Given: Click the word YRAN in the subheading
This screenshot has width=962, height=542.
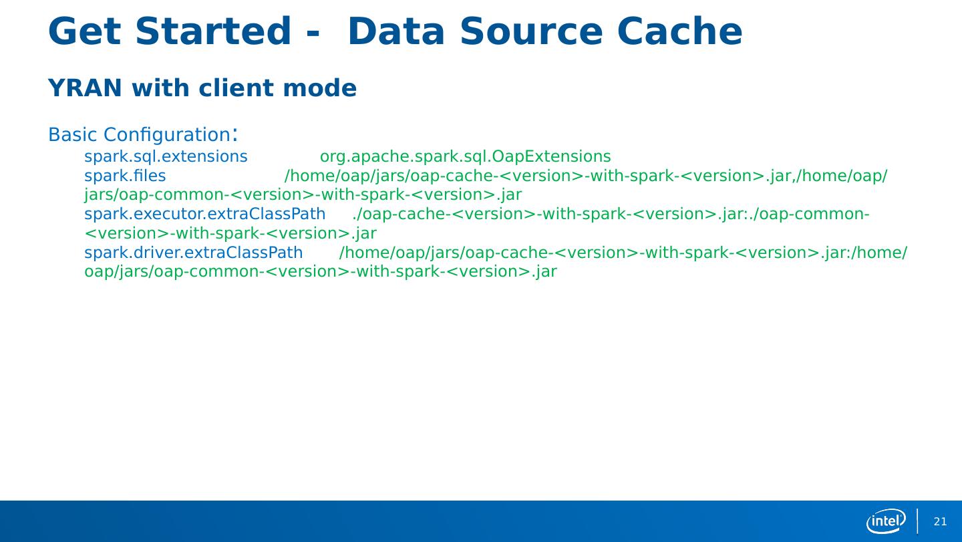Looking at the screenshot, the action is click(86, 88).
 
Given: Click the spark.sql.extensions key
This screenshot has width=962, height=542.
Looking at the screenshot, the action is click(166, 157).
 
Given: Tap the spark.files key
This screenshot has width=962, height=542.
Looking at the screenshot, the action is click(125, 176).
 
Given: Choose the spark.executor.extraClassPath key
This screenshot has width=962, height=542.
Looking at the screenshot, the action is click(204, 215).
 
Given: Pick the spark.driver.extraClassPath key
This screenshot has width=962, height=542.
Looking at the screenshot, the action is click(193, 253).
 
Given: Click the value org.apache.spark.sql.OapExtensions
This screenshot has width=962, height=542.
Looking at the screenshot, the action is click(465, 157).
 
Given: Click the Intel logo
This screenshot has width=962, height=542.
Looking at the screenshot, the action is click(886, 521).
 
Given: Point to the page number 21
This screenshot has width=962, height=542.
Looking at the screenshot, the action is click(940, 522).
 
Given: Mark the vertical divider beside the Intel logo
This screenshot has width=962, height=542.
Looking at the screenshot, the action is click(917, 521).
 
